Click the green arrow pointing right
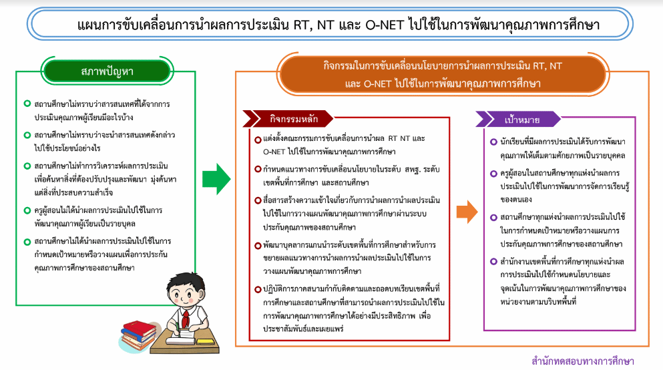(216, 179)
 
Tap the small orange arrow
(467, 212)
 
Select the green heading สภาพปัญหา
(107, 71)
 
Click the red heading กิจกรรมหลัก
(294, 120)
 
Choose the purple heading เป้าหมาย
(521, 120)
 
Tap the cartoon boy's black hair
(186, 281)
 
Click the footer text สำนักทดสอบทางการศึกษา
(583, 361)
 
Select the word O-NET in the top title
(385, 25)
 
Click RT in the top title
(302, 25)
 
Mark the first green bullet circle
(27, 104)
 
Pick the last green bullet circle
(27, 242)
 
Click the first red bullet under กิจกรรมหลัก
(258, 140)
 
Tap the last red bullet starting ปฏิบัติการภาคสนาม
(258, 290)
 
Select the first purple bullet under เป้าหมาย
(493, 142)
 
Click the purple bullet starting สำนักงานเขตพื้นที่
(493, 262)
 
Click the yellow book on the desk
(206, 341)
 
